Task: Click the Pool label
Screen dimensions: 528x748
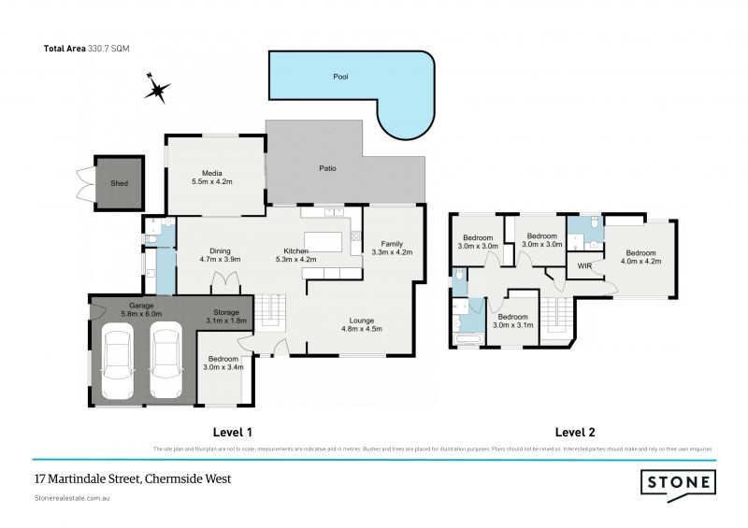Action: point(340,77)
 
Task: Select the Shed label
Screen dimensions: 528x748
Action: point(119,184)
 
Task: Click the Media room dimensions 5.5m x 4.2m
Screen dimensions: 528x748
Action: point(211,181)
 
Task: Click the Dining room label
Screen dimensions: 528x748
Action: point(220,250)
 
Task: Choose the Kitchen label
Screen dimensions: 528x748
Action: point(297,250)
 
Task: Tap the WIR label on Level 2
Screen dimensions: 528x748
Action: point(584,266)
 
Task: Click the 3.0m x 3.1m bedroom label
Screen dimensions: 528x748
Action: point(512,319)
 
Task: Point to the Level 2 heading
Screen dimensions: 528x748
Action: point(574,433)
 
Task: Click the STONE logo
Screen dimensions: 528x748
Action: point(678,482)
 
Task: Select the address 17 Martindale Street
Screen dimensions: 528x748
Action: point(132,479)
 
